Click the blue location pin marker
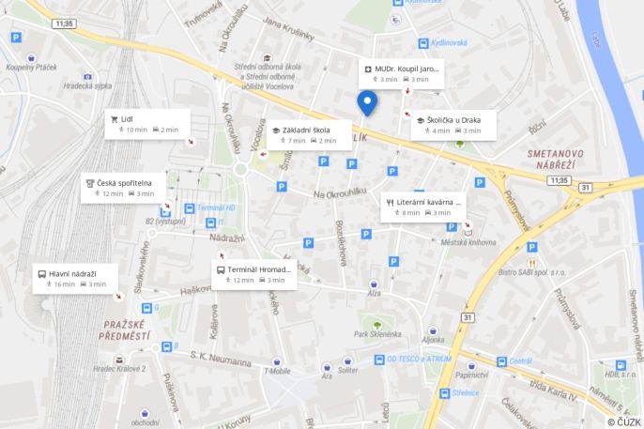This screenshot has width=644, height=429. pyautogui.click(x=367, y=102)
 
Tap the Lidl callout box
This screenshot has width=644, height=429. pyautogui.click(x=148, y=124)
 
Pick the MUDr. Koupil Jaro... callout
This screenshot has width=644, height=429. pyautogui.click(x=400, y=74)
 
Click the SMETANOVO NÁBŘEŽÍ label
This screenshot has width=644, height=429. pyautogui.click(x=555, y=159)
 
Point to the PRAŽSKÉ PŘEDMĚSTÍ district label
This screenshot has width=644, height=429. pyautogui.click(x=124, y=329)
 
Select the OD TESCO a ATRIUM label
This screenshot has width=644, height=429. pyautogui.click(x=419, y=359)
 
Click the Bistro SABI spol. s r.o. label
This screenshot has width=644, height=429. pyautogui.click(x=532, y=272)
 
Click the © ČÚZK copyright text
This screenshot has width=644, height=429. pyautogui.click(x=623, y=421)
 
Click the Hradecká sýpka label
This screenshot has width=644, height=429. pyautogui.click(x=87, y=85)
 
